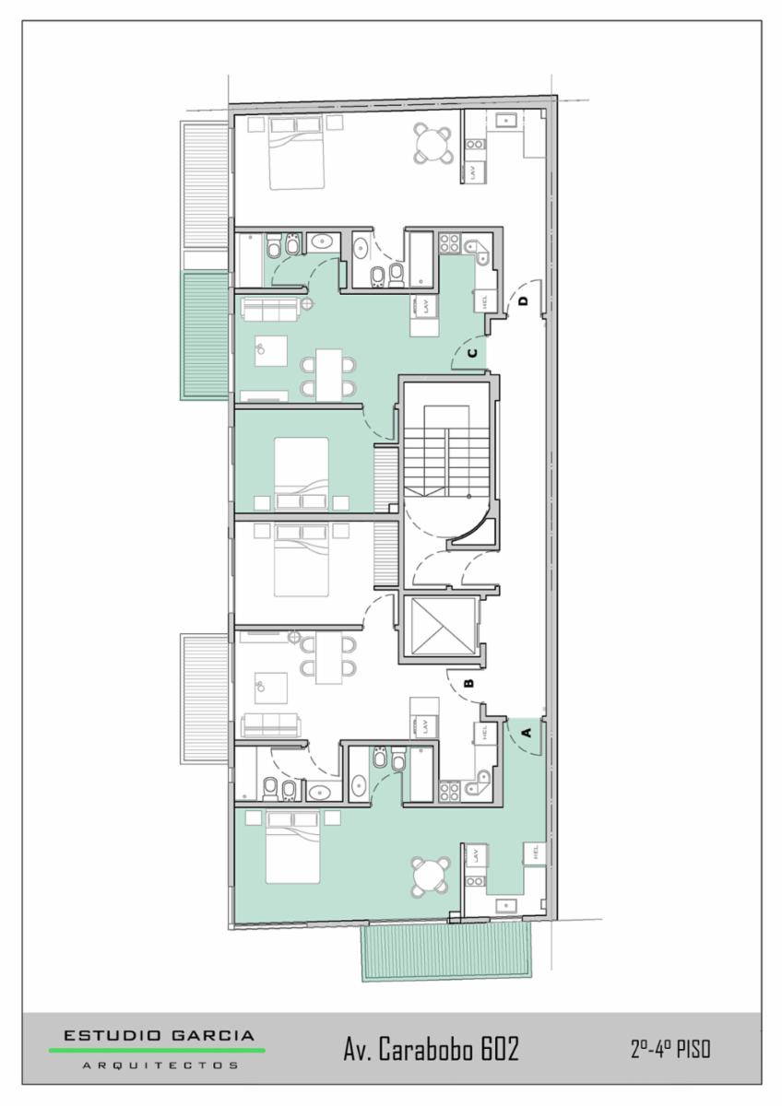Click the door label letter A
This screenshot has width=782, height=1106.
527,732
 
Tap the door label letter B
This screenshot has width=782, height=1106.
469,683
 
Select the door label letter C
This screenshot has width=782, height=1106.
473,353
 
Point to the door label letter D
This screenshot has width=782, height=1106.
524,300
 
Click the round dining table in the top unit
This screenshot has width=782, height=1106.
432,143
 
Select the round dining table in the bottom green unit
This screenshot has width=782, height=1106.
432,877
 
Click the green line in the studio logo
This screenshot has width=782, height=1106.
157,1047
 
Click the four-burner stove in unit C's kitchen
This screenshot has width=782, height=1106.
448,243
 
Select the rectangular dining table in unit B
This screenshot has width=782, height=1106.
329,659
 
